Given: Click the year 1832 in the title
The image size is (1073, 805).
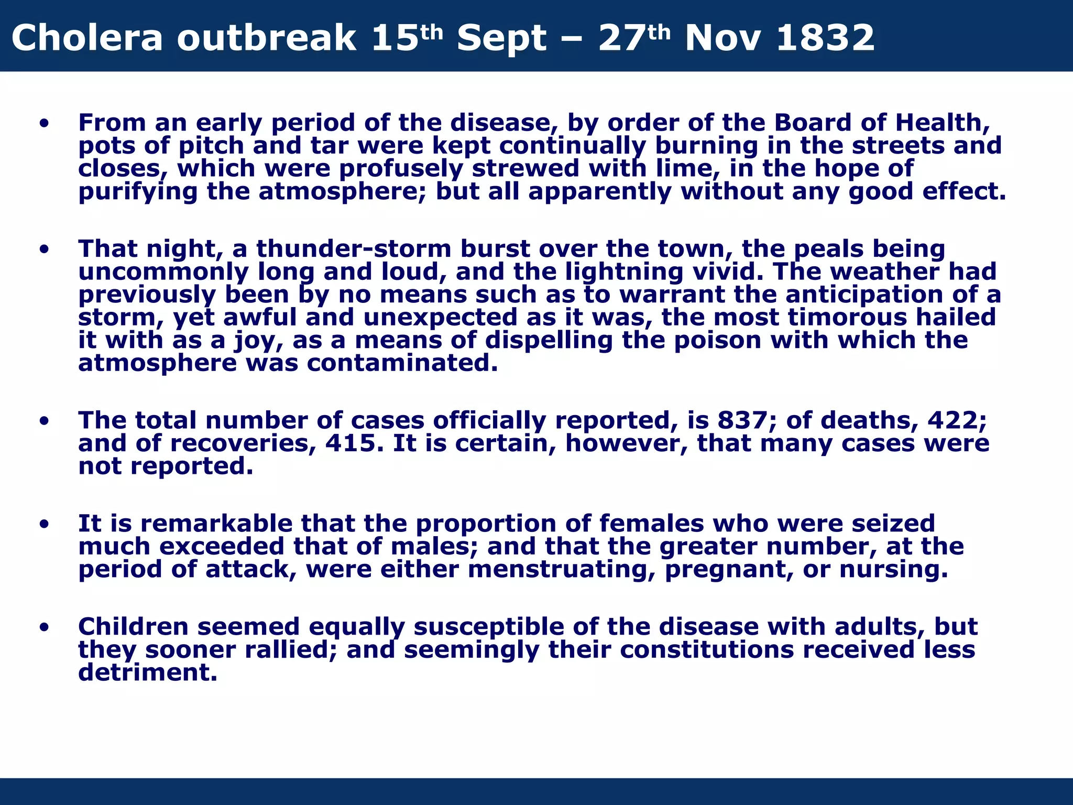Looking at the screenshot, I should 825,38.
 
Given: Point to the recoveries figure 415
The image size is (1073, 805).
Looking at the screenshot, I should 351,443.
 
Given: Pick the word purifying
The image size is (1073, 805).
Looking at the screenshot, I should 138,191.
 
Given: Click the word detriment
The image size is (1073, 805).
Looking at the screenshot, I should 147,672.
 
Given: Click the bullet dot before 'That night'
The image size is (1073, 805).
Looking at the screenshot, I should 44,249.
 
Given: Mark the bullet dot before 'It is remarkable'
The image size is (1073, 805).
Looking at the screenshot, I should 44,524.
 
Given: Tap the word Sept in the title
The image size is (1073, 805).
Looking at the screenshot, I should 502,38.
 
